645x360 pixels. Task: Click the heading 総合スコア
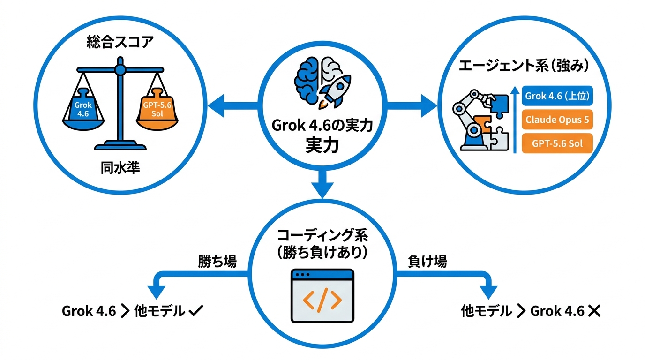pos(120,42)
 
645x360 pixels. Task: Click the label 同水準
pos(120,168)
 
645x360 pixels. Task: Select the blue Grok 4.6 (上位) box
pos(557,96)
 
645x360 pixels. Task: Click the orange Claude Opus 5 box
pos(557,120)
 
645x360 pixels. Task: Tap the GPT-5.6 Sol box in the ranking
pos(557,143)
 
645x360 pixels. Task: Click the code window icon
pos(322,296)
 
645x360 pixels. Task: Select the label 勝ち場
pos(217,262)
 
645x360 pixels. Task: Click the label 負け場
pos(427,262)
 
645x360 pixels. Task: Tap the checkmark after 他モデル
pos(196,311)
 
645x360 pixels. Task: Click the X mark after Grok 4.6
pos(594,311)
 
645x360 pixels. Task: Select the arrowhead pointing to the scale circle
pos(216,105)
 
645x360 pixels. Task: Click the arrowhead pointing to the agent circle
pos(429,105)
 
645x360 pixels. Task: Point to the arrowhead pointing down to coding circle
pos(322,190)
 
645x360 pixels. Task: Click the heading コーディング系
pos(322,235)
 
